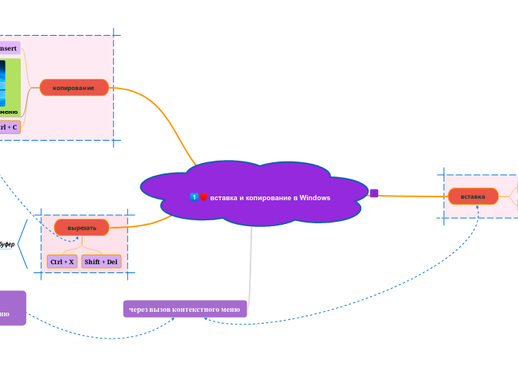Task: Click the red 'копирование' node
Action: [74, 88]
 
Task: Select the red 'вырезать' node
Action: [82, 227]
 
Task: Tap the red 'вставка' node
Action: [473, 196]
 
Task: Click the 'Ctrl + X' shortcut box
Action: [62, 262]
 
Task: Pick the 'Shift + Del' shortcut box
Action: [101, 262]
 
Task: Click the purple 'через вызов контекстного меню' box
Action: [184, 309]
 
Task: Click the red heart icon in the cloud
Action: [204, 197]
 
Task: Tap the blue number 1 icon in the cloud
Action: [194, 197]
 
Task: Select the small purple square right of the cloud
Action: [374, 193]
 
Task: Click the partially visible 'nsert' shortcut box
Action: [9, 48]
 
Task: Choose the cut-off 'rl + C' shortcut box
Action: [9, 127]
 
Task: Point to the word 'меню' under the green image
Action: [9, 112]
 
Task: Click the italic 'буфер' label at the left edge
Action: [6, 244]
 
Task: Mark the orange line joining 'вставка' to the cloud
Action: [412, 196]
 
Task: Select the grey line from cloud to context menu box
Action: [251, 260]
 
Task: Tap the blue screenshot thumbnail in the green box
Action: [2, 83]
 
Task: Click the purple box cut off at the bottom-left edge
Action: [12, 308]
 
